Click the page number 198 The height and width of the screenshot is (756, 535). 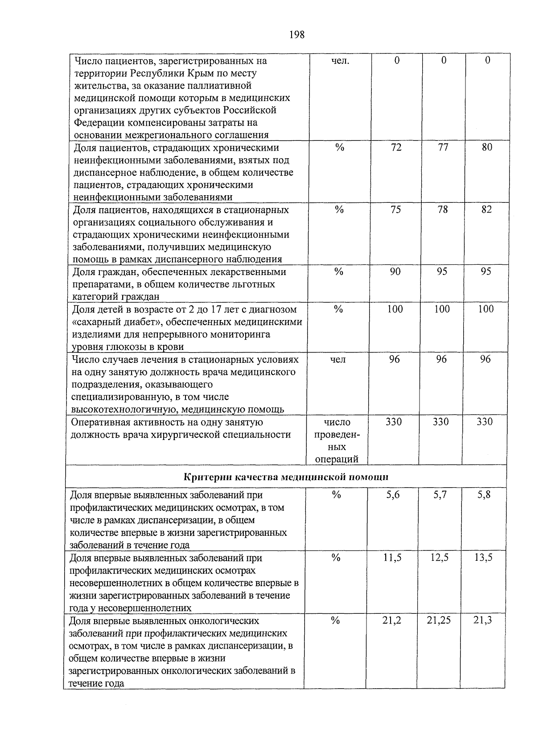tap(296, 34)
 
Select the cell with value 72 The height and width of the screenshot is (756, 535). tap(396, 148)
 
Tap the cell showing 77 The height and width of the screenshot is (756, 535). tap(443, 148)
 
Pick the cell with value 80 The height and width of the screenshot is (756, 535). tap(487, 148)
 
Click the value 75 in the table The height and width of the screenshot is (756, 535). tap(395, 210)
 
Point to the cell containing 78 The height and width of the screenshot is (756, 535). tap(442, 210)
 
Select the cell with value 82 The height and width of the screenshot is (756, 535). tap(486, 210)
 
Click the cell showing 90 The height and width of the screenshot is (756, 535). tap(395, 271)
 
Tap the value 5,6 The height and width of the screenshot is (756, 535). tap(393, 495)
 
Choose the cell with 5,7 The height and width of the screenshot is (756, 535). tap(440, 495)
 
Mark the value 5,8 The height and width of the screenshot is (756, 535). tap(484, 495)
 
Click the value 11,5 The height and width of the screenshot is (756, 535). tap(392, 558)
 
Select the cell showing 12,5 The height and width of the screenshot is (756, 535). tap(439, 558)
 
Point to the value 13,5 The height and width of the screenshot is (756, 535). tap(483, 558)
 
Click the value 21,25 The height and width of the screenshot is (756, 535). tap(439, 620)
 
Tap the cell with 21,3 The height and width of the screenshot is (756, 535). tap(483, 620)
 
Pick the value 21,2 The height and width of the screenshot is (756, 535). tap(392, 620)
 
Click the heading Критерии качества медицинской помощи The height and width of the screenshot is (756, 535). tap(286, 477)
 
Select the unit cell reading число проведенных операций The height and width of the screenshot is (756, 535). tap(337, 440)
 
